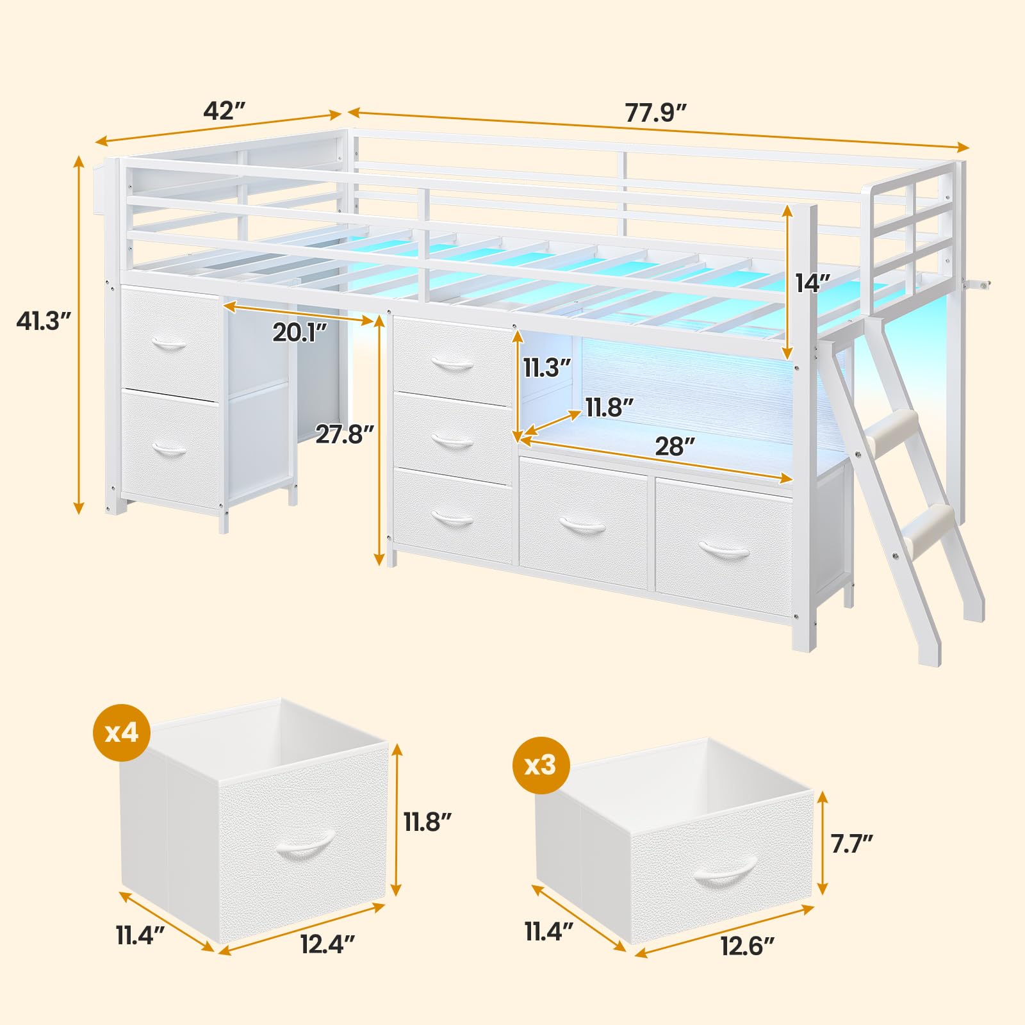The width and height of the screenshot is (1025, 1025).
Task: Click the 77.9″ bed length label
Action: tap(655, 113)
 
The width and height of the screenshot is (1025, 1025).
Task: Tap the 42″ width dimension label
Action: tap(224, 111)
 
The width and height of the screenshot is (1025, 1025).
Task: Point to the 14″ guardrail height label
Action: tap(812, 283)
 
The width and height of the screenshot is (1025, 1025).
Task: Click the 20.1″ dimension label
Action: tap(300, 332)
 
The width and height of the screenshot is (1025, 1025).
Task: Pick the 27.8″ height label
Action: tap(344, 434)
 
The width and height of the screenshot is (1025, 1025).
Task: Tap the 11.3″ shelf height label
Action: tap(546, 368)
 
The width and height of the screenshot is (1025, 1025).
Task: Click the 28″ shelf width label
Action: tap(675, 447)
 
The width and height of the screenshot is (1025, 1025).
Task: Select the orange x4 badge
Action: tap(122, 732)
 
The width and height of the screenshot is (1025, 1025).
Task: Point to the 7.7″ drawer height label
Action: tap(851, 844)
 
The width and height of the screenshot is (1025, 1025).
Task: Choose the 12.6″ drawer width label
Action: tap(748, 946)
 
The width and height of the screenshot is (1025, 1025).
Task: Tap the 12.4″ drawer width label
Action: tap(327, 944)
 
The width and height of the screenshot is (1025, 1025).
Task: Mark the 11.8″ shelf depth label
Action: tap(609, 407)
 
